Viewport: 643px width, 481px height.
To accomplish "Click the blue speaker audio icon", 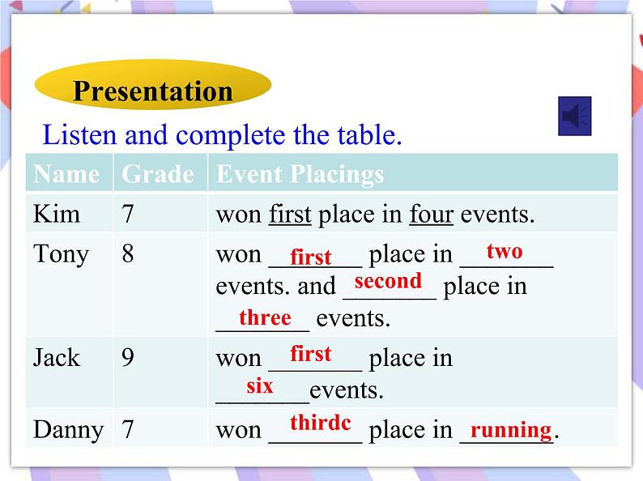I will [575, 117].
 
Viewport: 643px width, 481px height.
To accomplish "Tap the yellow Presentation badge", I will [152, 90].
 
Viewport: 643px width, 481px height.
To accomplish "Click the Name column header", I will [66, 174].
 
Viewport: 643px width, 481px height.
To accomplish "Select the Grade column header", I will [157, 174].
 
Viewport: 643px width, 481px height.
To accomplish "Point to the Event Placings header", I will [300, 174].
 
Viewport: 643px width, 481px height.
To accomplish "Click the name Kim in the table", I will [57, 215].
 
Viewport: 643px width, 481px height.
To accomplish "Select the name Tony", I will [61, 254].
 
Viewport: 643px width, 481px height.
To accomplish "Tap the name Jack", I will [57, 357].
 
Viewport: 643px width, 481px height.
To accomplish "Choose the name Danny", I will [68, 429].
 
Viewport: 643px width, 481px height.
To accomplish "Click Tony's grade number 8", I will [128, 254].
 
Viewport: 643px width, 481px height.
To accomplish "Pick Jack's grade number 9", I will [128, 357].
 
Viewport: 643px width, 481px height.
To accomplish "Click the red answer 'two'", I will [505, 251].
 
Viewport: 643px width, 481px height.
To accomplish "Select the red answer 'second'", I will [388, 281].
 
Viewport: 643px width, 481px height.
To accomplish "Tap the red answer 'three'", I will [265, 317].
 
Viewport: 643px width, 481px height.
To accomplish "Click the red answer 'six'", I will [260, 386].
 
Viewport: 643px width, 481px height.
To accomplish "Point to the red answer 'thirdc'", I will [320, 422].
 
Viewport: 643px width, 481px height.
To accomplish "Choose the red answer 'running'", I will [511, 429].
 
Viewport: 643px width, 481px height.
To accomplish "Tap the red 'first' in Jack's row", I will [311, 354].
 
